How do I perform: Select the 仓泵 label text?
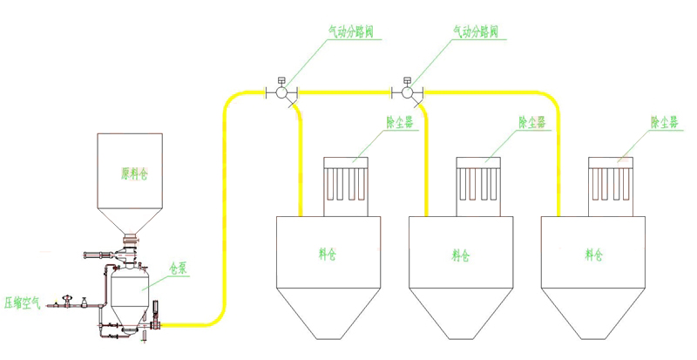(179, 269)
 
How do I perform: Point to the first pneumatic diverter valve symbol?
(281, 92)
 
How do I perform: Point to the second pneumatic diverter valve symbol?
(408, 92)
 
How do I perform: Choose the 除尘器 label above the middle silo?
(531, 123)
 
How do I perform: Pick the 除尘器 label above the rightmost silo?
(663, 123)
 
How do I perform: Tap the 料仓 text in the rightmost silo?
(593, 255)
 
